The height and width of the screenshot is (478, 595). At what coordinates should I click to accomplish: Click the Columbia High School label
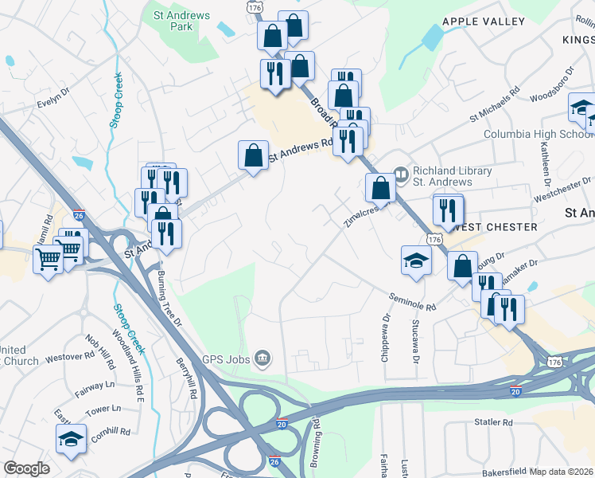point(538,134)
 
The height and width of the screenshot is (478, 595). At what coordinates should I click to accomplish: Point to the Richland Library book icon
point(402,171)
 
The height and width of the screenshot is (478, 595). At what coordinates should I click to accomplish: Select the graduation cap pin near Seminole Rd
point(415,261)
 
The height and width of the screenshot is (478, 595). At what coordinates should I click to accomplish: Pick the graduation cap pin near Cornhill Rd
point(71,438)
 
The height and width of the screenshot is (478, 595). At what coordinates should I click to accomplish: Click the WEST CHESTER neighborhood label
point(492,227)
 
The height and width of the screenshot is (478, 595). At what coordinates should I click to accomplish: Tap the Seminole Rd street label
point(413,301)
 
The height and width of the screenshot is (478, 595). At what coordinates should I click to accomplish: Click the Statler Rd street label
point(493,422)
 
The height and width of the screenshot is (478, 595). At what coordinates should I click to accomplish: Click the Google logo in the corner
point(26,468)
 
